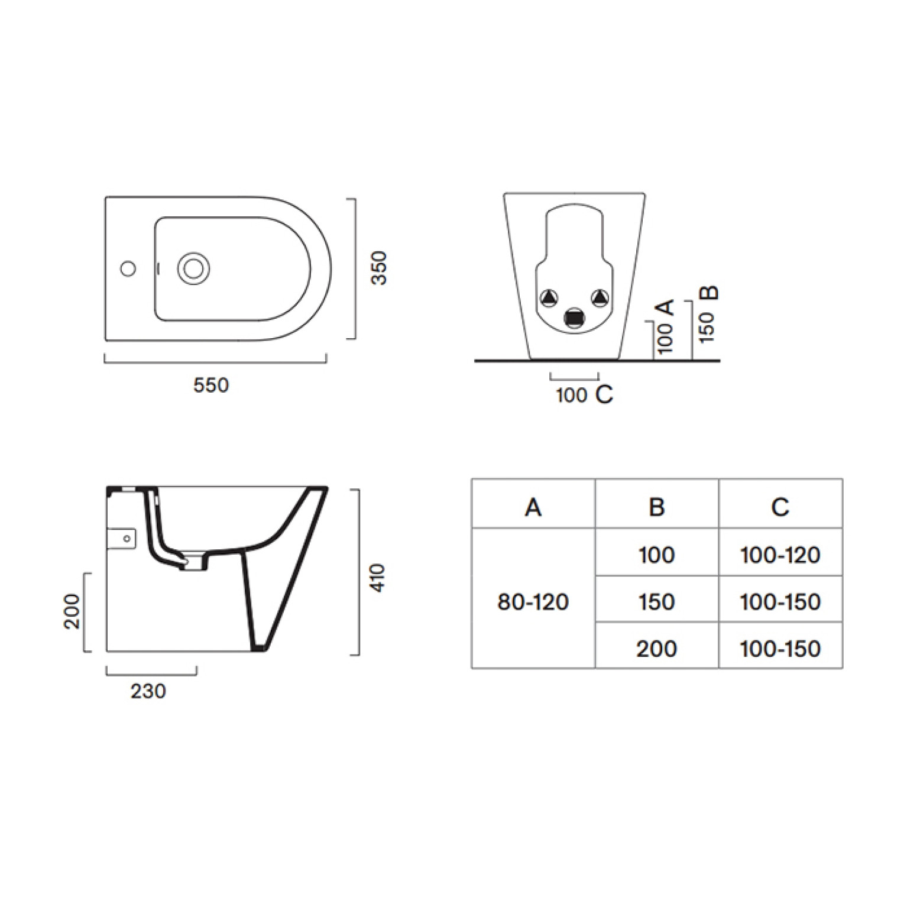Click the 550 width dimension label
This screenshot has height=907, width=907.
click(210, 385)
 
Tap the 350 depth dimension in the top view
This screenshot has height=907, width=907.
click(378, 268)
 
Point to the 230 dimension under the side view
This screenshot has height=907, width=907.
click(148, 691)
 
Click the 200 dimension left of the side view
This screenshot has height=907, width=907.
click(72, 611)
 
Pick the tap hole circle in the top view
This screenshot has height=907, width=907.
click(128, 268)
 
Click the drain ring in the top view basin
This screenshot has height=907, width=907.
click(193, 268)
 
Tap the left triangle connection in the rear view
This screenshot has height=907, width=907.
click(550, 297)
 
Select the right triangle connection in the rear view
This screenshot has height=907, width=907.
click(600, 297)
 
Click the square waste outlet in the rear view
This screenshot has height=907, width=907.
click(574, 318)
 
